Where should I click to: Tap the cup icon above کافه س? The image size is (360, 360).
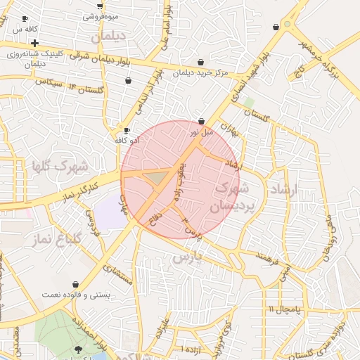point(25,19)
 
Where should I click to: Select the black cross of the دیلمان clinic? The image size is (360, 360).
point(34,44)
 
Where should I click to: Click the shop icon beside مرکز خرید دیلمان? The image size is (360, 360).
point(202,62)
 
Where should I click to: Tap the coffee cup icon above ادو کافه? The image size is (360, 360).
point(127,130)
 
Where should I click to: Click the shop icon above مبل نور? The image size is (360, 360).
point(202,121)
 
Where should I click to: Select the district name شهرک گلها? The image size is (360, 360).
point(59,167)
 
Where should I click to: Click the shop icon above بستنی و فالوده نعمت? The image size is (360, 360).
point(75,285)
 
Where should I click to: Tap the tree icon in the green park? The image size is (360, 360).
point(77,349)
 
